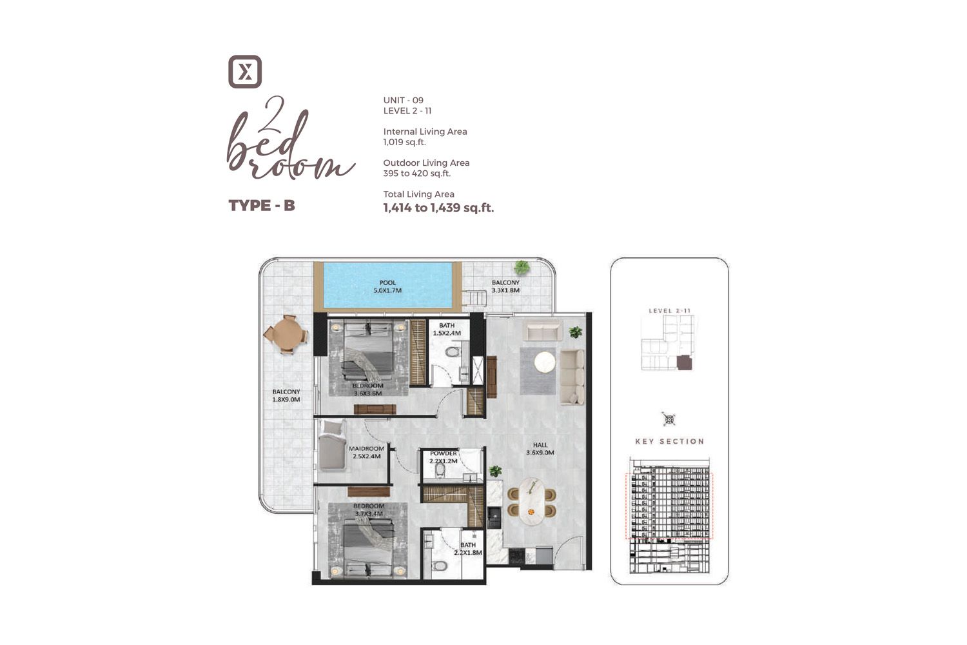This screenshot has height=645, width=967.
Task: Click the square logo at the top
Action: point(245,72)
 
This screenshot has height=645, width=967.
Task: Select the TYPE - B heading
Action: point(262,206)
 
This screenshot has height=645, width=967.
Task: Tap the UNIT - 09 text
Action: point(403,100)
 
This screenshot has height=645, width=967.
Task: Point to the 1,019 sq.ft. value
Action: point(404,142)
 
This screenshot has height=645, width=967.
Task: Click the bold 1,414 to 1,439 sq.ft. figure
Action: point(438,208)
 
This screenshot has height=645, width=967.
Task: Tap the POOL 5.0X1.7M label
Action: point(387,286)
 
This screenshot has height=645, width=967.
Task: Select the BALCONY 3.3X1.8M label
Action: point(505,286)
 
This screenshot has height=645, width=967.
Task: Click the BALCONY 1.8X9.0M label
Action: point(286,395)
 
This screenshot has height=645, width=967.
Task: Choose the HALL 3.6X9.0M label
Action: point(540,449)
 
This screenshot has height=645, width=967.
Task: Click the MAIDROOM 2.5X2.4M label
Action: point(366,452)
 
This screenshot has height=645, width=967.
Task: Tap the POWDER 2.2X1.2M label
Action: point(444,457)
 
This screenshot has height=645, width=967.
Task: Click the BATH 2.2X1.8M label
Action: point(468,549)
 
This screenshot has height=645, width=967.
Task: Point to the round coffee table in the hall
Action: point(545,362)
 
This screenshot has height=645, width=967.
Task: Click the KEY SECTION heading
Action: point(669,441)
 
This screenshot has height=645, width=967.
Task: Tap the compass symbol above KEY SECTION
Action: point(669,420)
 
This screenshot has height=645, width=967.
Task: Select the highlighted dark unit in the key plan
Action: point(684,363)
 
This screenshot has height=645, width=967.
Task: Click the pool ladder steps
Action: point(476,298)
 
